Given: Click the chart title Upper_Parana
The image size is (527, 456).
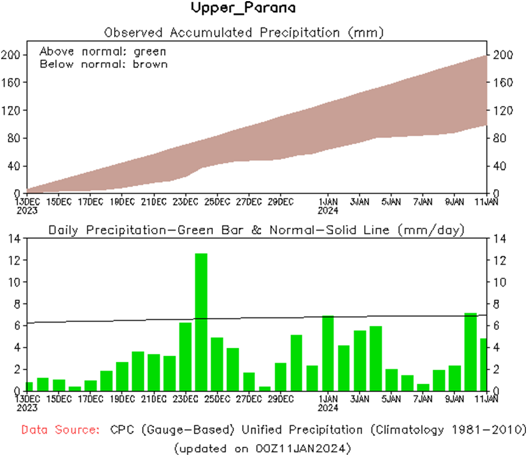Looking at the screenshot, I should [243, 8].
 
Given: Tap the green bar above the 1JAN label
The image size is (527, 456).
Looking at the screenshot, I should [328, 353].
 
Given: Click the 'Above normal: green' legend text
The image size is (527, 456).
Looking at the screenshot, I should [103, 52].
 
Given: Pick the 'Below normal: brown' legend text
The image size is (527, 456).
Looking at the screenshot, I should [103, 64].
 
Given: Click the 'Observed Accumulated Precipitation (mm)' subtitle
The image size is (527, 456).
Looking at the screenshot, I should [244, 33].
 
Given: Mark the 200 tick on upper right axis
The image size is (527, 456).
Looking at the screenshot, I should [502, 55].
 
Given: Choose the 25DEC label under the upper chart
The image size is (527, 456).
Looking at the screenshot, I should [217, 201].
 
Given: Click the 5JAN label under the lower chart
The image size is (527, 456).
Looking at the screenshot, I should [391, 399].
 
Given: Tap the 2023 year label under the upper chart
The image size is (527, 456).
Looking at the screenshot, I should [27, 210].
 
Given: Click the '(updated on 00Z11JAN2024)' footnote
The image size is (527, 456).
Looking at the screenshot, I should [263, 448].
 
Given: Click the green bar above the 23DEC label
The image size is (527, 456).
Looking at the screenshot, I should [185, 357].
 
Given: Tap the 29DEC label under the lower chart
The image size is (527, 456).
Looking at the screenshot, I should [280, 399].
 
